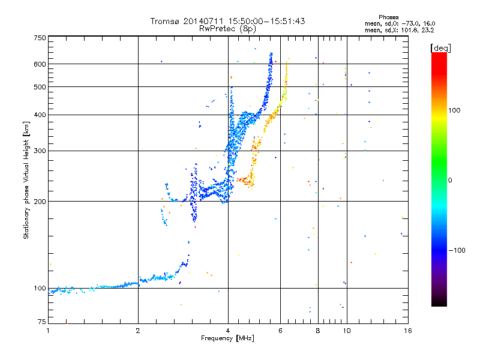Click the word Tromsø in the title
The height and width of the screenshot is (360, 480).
(x=165, y=21)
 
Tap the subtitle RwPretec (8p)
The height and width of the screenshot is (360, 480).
(x=227, y=29)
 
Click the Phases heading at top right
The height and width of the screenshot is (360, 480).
(x=388, y=17)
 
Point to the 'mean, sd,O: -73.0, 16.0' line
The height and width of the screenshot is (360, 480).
(x=400, y=23)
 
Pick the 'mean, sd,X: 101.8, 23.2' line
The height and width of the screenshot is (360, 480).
(x=399, y=30)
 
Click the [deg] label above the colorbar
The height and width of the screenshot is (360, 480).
(x=440, y=48)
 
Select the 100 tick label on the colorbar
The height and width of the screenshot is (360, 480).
(x=454, y=110)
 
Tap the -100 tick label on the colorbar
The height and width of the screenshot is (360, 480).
(x=457, y=250)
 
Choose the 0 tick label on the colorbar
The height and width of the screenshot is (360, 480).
(x=450, y=180)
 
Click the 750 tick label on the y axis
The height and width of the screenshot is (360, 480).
(x=40, y=38)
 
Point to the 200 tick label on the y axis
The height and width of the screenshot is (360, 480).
(x=40, y=202)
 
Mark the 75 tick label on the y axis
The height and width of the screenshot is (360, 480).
(x=42, y=322)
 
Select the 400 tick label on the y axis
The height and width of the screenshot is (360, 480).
(x=40, y=115)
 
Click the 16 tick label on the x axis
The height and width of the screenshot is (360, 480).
(x=408, y=331)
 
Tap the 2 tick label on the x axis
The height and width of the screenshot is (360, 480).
(x=138, y=331)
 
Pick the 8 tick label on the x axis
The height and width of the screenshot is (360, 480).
(x=318, y=331)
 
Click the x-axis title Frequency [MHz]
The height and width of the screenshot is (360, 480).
(x=227, y=338)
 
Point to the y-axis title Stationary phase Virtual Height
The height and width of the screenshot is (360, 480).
(x=26, y=180)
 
